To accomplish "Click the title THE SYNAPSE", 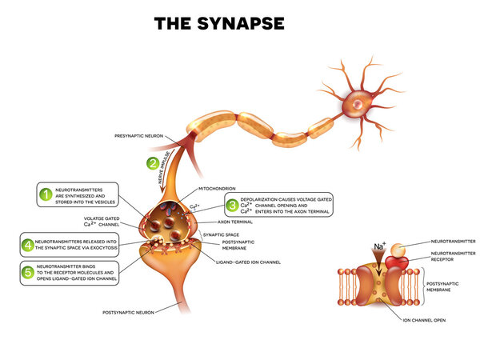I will (219, 24).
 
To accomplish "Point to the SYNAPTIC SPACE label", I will (241, 234).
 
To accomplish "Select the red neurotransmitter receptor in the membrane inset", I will (395, 262).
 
